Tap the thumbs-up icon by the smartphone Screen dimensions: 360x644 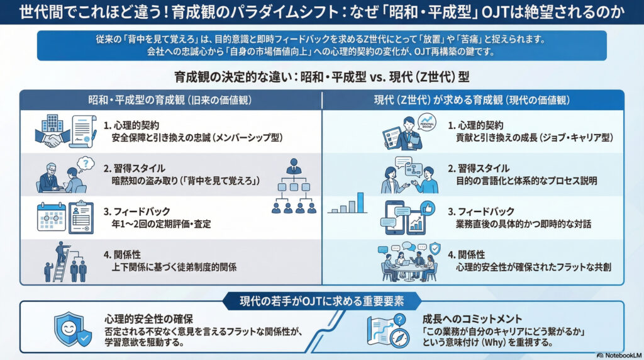click(428, 208)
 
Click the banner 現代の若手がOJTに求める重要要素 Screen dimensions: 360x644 click(321, 300)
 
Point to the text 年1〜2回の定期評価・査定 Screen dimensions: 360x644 click(160, 223)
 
